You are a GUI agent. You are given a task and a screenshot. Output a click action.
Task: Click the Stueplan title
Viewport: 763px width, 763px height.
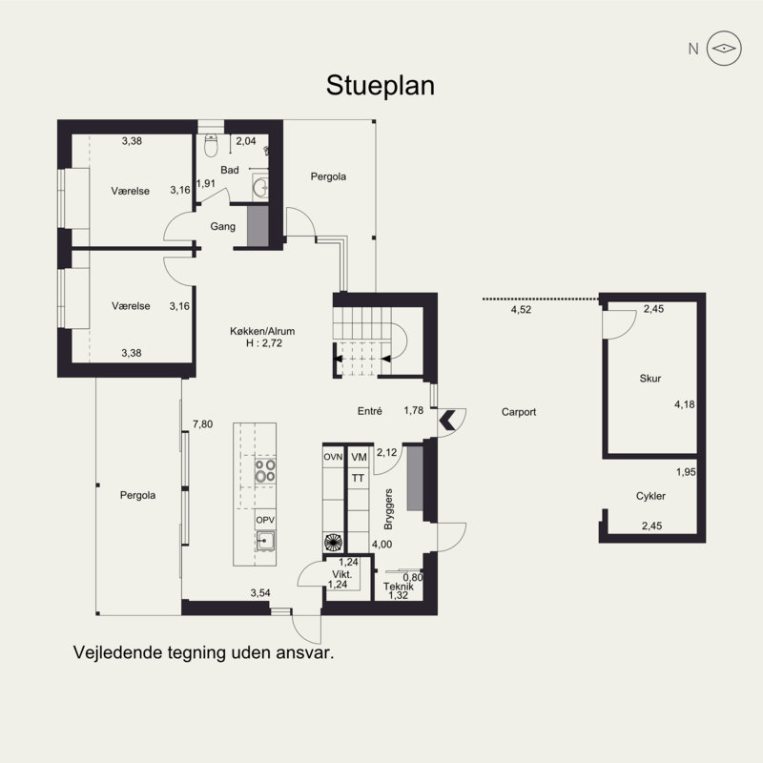[x=380, y=86]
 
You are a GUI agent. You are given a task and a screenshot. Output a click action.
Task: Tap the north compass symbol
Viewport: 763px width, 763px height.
[x=724, y=49]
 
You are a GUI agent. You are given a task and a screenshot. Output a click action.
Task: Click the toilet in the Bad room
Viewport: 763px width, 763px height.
[x=211, y=146]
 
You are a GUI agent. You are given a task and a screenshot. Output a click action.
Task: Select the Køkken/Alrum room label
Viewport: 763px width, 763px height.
[x=262, y=331]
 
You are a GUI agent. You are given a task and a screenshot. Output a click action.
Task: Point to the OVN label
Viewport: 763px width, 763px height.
[x=333, y=457]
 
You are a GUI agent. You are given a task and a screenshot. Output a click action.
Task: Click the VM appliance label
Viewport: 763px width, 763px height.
[x=360, y=457]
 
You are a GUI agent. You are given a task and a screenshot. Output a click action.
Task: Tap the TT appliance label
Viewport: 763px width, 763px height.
[x=358, y=479]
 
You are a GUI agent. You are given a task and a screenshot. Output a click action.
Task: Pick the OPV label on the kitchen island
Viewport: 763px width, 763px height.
[x=265, y=520]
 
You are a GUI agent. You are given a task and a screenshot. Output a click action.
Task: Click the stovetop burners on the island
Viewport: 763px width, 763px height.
[x=265, y=470]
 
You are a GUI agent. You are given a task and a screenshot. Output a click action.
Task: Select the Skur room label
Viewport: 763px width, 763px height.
[x=650, y=378]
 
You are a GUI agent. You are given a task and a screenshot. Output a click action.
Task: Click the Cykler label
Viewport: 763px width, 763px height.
[x=650, y=496]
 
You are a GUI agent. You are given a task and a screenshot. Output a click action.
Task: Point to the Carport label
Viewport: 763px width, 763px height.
[x=519, y=412]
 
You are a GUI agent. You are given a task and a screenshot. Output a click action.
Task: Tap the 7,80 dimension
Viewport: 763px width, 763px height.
[x=202, y=423]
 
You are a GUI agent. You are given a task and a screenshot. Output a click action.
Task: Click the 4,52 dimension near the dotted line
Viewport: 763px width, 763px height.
[x=521, y=309]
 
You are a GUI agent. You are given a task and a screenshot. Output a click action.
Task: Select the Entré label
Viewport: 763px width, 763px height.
[x=370, y=411]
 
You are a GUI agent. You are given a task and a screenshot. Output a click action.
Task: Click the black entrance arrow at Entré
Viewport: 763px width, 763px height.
[x=447, y=421]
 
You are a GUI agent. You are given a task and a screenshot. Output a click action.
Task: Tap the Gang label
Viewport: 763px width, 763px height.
[x=223, y=226]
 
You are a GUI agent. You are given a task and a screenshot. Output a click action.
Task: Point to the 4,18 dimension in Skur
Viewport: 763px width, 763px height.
[x=684, y=403]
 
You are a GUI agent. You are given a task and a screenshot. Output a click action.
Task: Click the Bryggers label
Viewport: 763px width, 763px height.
[x=388, y=509]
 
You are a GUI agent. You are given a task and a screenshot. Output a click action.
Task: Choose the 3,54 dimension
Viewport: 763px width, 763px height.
[x=260, y=592]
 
